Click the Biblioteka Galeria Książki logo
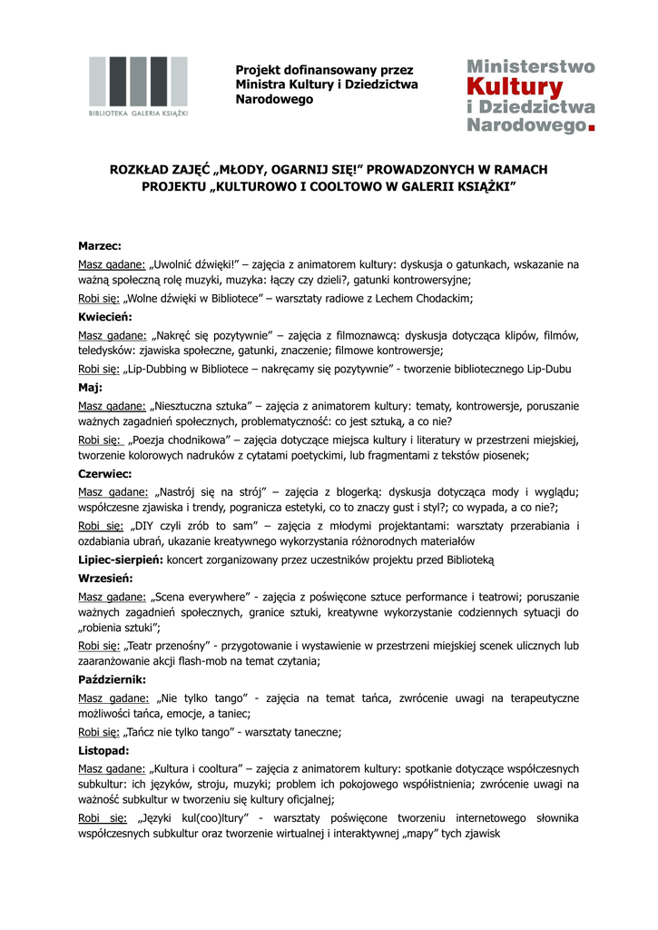coord(138,87)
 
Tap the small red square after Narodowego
coord(592,128)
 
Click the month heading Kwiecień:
coord(105,317)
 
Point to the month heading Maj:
coord(91,387)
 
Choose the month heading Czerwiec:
coord(105,474)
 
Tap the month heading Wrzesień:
coord(105,578)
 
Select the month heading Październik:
coord(112,679)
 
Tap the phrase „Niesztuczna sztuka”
coord(200,405)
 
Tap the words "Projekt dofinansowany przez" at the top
coord(324,70)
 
